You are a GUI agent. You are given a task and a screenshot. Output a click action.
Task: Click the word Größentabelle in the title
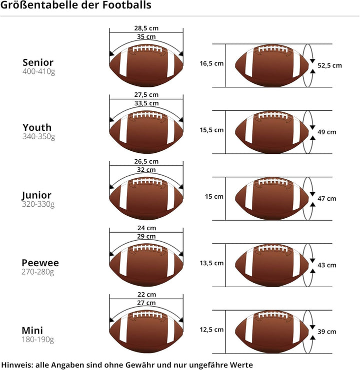(35, 5)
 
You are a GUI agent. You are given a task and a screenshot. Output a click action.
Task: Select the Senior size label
(38, 62)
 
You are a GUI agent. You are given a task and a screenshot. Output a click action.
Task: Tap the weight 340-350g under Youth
(38, 136)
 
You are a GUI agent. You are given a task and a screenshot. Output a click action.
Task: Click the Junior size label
(36, 195)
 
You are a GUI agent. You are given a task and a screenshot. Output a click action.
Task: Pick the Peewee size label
(40, 263)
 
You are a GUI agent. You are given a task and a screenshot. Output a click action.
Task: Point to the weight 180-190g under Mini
(37, 340)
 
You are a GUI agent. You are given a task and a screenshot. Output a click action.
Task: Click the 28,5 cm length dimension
(146, 28)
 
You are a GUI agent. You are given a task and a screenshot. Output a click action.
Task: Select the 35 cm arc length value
(146, 37)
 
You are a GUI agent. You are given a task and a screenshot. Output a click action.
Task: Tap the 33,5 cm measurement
(146, 103)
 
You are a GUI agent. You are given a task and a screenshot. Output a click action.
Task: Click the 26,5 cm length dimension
(146, 161)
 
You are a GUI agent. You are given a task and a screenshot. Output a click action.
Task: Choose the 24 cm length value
(146, 228)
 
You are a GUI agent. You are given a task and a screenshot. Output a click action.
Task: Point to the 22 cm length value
(146, 295)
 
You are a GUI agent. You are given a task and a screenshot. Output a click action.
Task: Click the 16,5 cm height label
(211, 63)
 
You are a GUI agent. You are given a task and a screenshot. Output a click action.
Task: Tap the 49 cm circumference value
(327, 132)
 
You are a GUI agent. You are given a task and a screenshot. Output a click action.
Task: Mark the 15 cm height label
(214, 197)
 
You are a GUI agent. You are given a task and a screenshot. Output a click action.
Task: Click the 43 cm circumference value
(327, 265)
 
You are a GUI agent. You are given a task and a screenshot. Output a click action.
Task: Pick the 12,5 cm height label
(211, 330)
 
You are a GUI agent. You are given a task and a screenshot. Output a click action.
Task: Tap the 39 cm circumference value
(327, 332)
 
